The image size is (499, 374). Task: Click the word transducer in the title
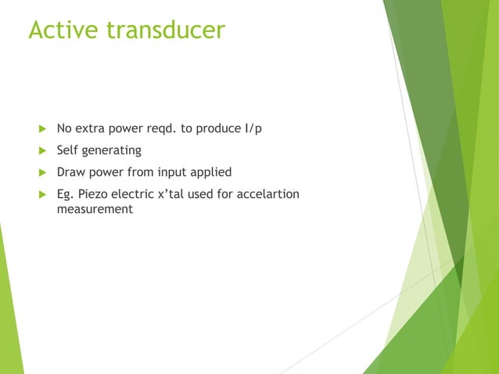167,30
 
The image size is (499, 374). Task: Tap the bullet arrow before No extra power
42,128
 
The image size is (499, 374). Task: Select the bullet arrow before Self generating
42,150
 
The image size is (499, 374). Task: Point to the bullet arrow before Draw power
42,172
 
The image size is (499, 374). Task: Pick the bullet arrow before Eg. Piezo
42,194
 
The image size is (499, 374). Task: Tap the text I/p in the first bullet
253,128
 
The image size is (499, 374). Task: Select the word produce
211,128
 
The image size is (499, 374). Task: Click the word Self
69,150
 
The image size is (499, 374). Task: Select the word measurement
95,210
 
